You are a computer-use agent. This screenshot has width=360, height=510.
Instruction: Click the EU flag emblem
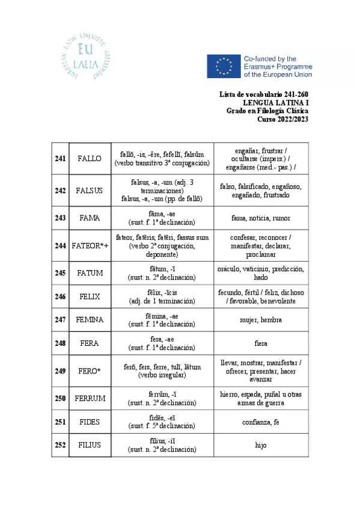(x=224, y=66)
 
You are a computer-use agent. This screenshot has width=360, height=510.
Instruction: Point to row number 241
(x=60, y=158)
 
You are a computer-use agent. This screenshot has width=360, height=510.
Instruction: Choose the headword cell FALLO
(x=90, y=158)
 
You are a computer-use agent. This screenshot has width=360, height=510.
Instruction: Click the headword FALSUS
(x=90, y=191)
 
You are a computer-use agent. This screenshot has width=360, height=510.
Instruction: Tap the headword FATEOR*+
(x=90, y=245)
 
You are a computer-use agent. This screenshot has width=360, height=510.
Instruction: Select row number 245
(x=60, y=273)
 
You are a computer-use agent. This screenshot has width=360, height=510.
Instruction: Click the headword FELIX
(x=90, y=296)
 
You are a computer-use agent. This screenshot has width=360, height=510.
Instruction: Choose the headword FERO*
(x=90, y=370)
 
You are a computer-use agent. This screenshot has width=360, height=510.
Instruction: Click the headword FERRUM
(x=90, y=398)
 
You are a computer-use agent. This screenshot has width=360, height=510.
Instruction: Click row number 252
(x=60, y=445)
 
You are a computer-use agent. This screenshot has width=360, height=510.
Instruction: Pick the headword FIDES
(x=90, y=422)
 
